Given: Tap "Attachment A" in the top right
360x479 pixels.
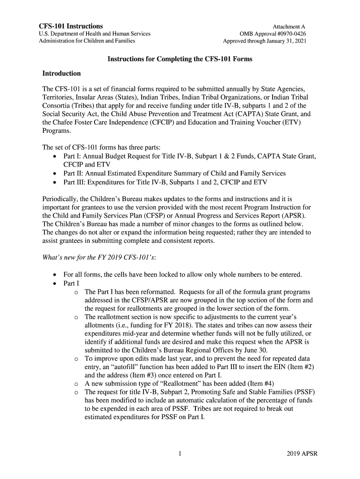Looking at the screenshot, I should click(x=289, y=27).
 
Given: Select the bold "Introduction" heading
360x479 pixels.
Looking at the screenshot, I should click(x=61, y=73).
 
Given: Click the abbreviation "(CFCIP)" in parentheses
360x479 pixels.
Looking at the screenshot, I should click(x=168, y=123).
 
